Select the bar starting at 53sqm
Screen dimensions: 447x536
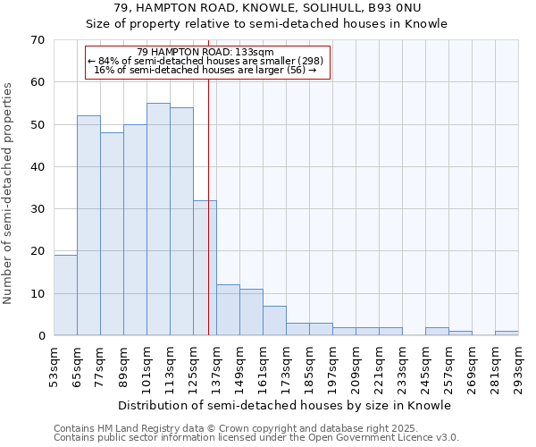click(x=65, y=295)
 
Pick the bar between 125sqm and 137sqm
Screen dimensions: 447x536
click(x=205, y=268)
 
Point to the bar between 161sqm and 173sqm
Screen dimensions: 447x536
click(x=274, y=321)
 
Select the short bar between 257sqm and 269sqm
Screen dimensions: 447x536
click(x=460, y=333)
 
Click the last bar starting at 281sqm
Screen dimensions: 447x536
click(x=507, y=333)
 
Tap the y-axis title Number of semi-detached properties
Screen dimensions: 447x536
click(x=9, y=193)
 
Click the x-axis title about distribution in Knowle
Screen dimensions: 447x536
click(x=285, y=406)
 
